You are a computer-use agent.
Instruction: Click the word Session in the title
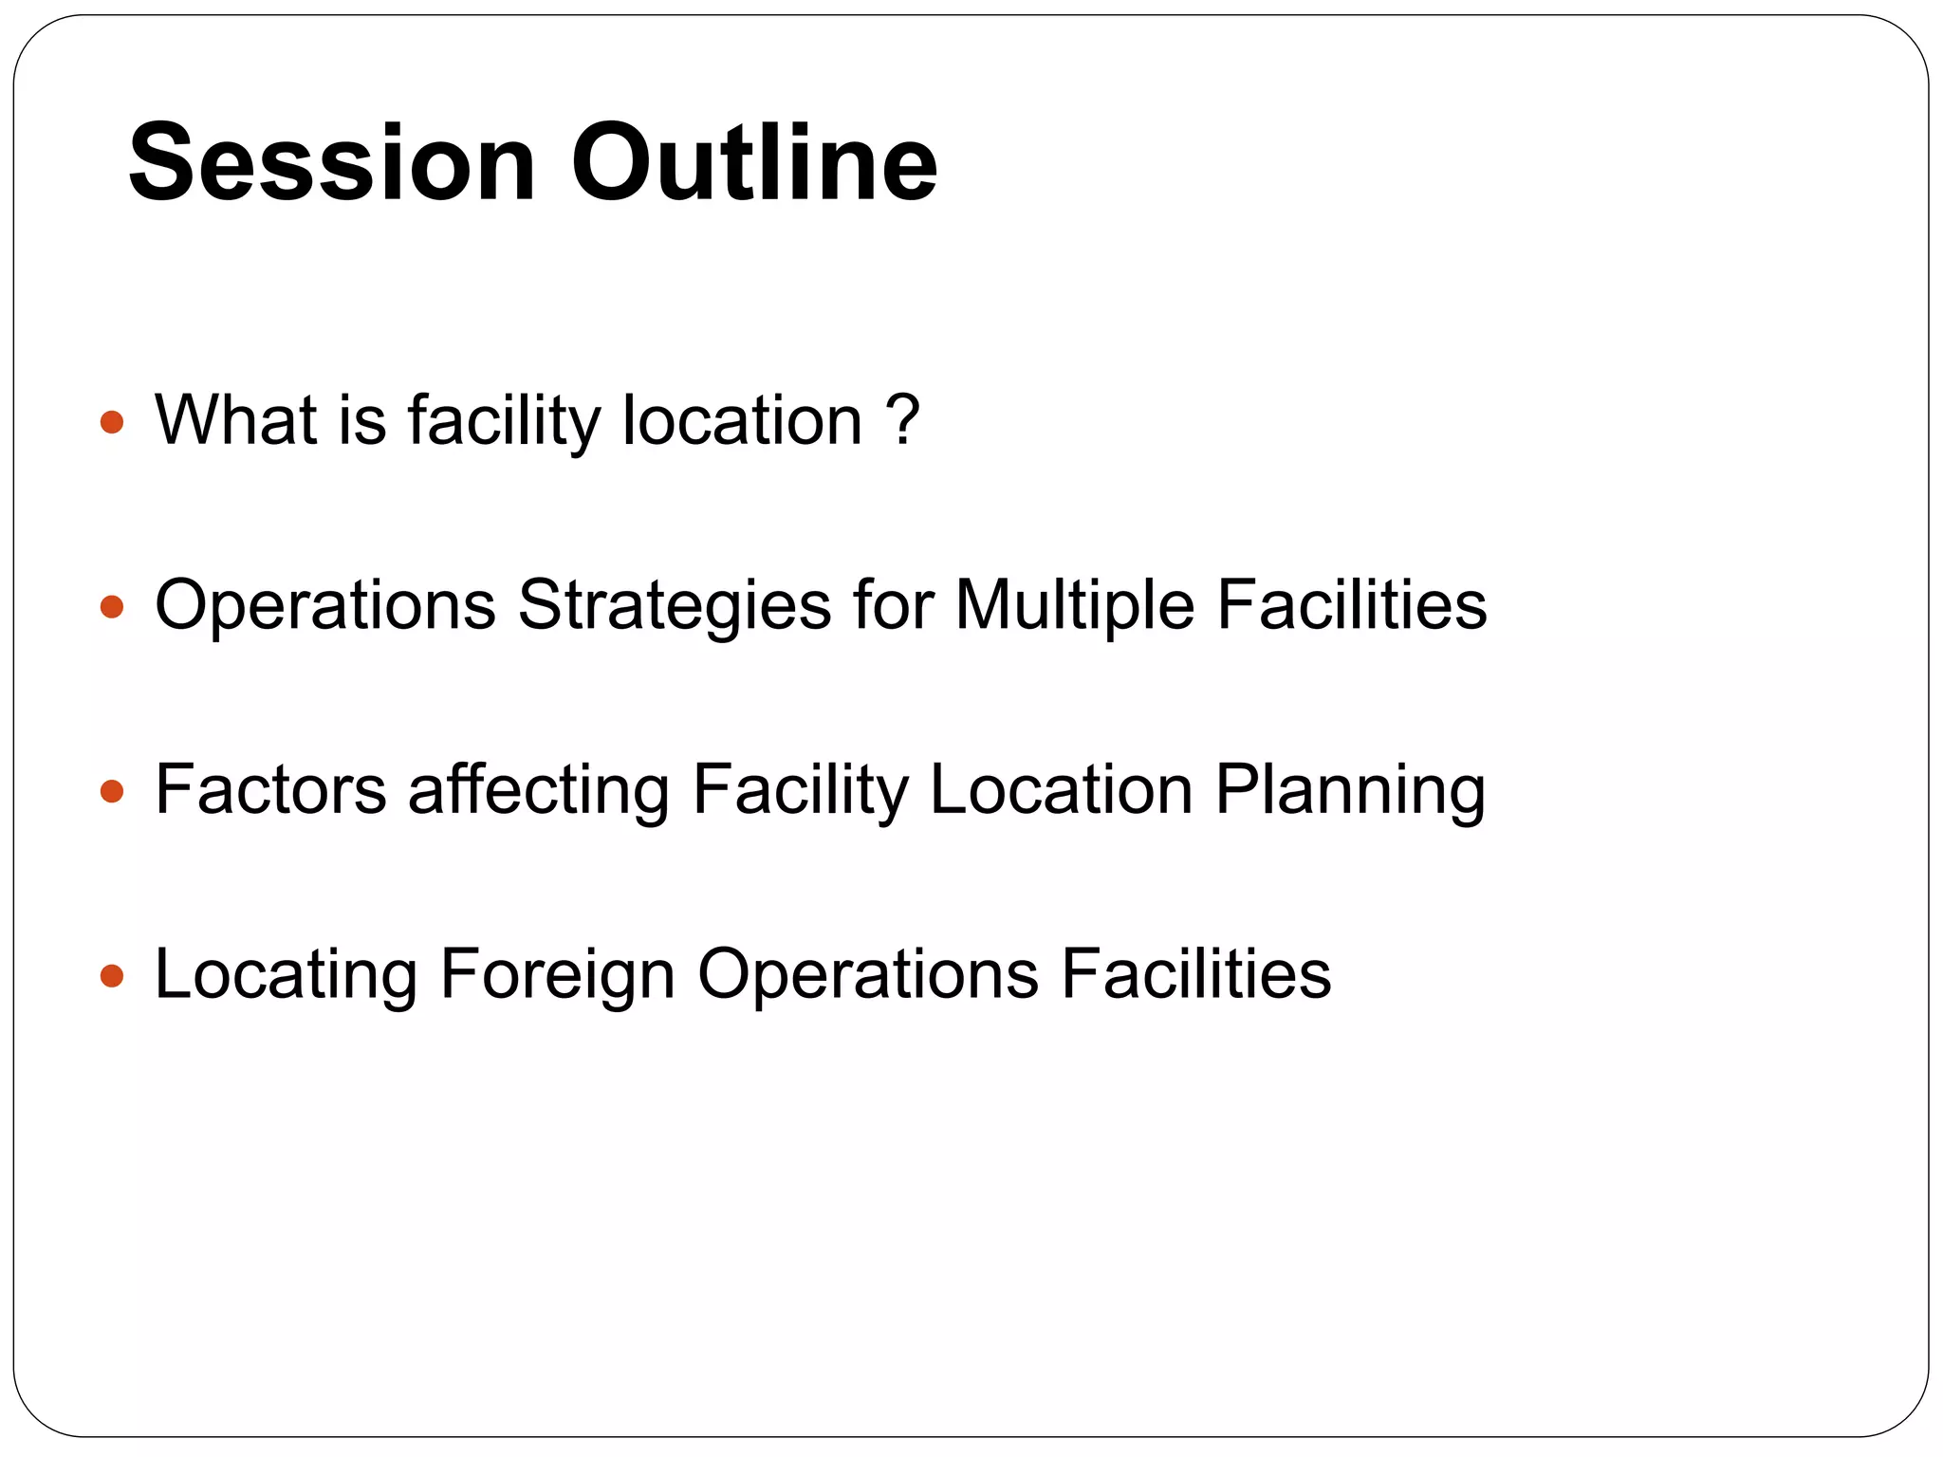tap(332, 163)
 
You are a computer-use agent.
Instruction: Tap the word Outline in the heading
tap(754, 163)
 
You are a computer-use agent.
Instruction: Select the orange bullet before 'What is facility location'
tap(112, 421)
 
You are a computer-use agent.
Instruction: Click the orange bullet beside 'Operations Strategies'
tap(112, 606)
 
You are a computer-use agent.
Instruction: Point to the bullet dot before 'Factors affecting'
tap(112, 790)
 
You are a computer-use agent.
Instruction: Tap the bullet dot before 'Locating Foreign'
tap(112, 975)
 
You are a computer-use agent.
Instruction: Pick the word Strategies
tap(674, 606)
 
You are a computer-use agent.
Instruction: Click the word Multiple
tap(1074, 604)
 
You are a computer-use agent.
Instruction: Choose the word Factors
tap(270, 788)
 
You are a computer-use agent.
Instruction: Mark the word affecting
tap(539, 790)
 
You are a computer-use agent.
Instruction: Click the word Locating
tap(286, 975)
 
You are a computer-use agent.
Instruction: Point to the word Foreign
tap(557, 975)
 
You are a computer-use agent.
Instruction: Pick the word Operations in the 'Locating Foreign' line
tap(868, 975)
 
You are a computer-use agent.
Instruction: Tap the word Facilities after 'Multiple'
tap(1351, 604)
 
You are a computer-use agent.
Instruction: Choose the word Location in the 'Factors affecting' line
tap(1061, 788)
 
